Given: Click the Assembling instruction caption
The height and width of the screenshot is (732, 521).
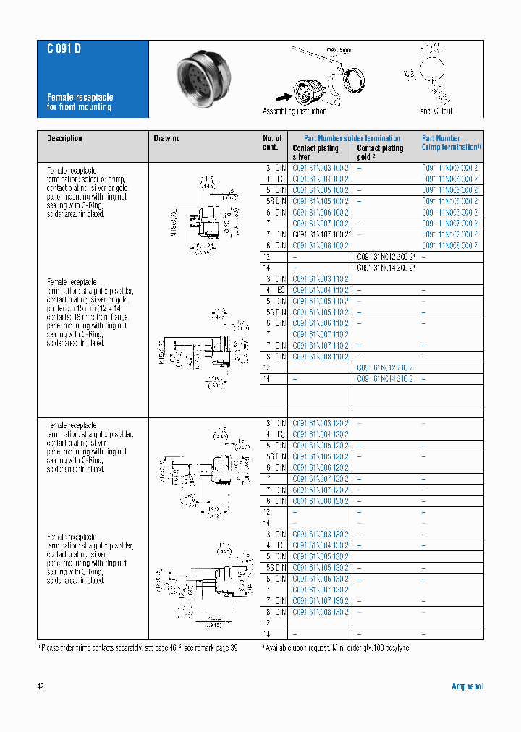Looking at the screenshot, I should [294, 111].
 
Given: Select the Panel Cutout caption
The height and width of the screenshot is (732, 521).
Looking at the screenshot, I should [434, 111].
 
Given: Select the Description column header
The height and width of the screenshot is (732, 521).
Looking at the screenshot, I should [65, 138].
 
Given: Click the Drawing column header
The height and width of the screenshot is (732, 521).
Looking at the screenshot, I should [166, 138].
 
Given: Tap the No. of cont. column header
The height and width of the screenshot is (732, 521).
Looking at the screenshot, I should [272, 142].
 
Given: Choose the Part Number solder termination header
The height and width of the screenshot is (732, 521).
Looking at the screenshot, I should [352, 138].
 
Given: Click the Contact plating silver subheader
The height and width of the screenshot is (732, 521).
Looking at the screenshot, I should [315, 152].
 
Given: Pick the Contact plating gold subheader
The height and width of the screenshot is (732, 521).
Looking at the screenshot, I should [380, 152].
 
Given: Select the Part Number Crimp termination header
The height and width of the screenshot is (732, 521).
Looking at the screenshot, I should [452, 142].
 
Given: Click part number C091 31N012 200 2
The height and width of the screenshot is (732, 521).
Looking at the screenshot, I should [387, 257].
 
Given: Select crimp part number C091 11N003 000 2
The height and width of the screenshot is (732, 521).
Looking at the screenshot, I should [449, 167].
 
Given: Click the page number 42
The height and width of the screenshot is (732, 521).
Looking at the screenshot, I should [41, 686].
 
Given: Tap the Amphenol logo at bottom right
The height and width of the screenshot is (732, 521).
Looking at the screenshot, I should [467, 686].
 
